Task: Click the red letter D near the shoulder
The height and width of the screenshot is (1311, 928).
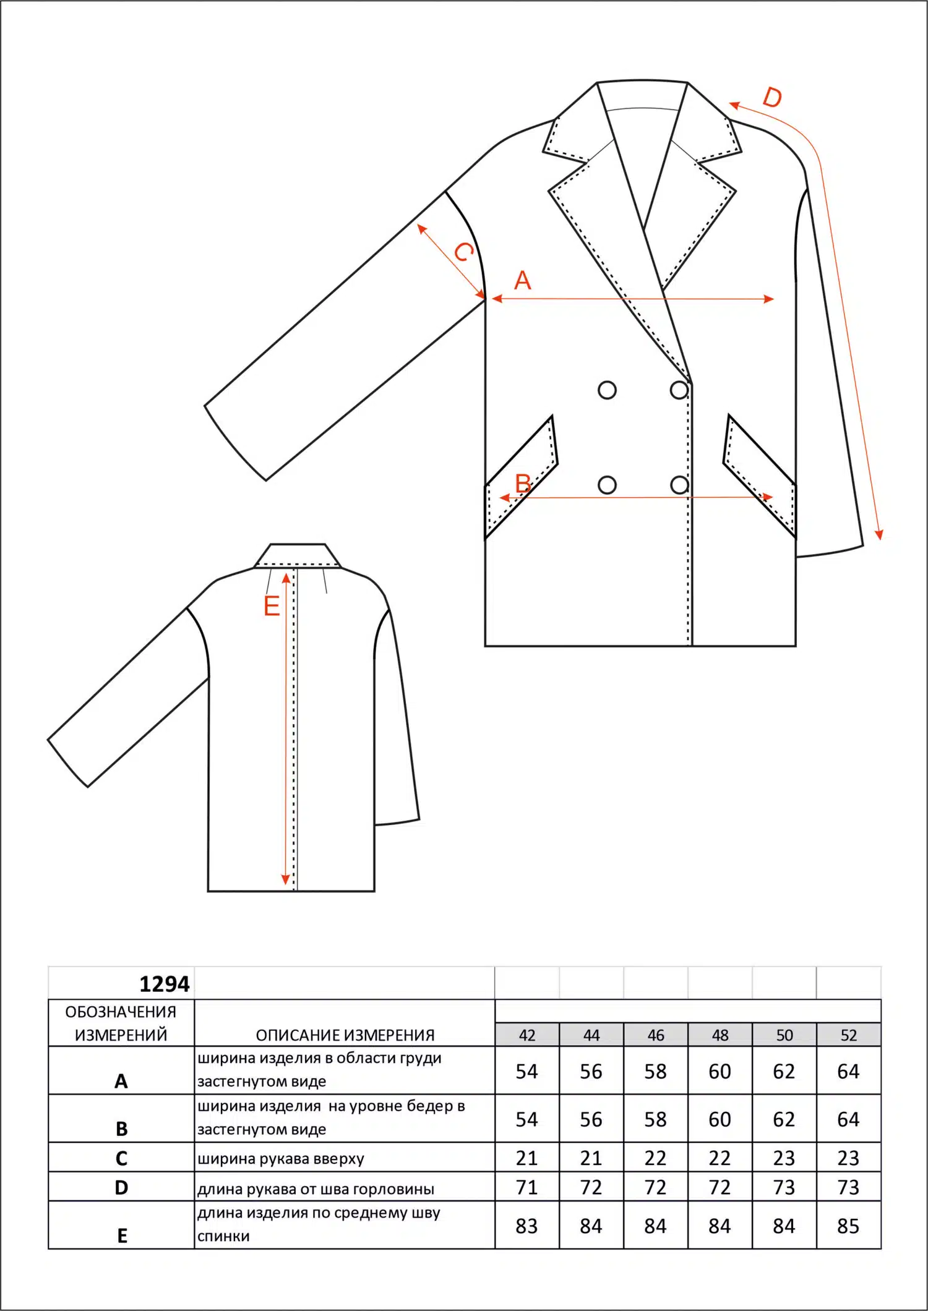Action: coord(772,97)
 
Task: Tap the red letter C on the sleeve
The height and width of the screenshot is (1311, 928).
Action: coord(464,251)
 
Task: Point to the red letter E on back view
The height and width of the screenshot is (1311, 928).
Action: coord(272,606)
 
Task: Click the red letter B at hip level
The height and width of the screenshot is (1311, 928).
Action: coord(523,483)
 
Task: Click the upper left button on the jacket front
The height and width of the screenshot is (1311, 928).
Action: coord(608,390)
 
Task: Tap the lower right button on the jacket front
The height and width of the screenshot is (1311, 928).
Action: coord(679,485)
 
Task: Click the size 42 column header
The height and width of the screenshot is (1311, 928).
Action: coord(527,1035)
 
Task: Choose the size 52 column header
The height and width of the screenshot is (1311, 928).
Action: coord(849,1035)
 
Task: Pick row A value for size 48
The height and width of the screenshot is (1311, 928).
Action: coord(720,1072)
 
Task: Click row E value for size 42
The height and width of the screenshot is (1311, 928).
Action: coord(527,1226)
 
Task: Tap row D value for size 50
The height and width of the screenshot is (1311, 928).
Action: coord(784,1187)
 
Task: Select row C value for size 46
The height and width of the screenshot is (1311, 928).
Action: coord(656,1158)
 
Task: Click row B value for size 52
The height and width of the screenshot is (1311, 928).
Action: coord(849,1119)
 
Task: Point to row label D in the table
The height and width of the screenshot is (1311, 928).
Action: coord(121,1188)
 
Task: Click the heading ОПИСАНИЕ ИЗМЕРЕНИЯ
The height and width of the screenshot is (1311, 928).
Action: coord(345,1035)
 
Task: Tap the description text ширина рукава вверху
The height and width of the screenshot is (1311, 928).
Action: coord(281,1159)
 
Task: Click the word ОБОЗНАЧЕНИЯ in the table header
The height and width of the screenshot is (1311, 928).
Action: coord(121,1012)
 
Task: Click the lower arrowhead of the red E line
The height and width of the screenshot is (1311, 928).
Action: coord(285,880)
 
